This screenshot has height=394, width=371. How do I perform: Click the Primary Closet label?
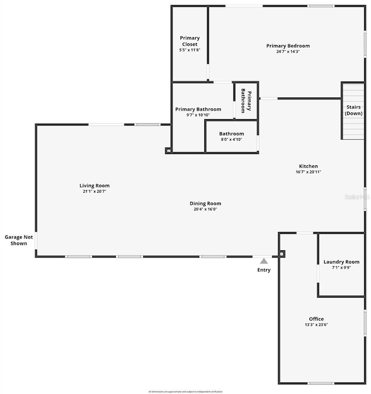pyautogui.click(x=189, y=41)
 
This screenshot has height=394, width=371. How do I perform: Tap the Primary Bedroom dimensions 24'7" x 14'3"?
pyautogui.click(x=288, y=51)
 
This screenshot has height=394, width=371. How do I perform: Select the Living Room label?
pyautogui.click(x=94, y=185)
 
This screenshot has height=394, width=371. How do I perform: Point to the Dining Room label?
pyautogui.click(x=205, y=203)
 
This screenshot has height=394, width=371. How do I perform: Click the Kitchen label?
pyautogui.click(x=307, y=166)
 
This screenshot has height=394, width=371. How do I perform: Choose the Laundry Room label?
pyautogui.click(x=341, y=262)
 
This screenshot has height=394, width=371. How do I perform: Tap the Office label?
pyautogui.click(x=316, y=319)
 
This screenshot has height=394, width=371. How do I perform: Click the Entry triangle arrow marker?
pyautogui.click(x=264, y=261)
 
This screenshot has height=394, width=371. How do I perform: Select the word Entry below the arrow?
pyautogui.click(x=264, y=270)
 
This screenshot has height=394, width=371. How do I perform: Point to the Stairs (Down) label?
pyautogui.click(x=353, y=109)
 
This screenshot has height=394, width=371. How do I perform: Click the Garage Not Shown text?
pyautogui.click(x=19, y=240)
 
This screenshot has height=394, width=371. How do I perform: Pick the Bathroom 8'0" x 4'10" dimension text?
pyautogui.click(x=231, y=139)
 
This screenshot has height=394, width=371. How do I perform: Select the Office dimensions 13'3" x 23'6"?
pyautogui.click(x=316, y=324)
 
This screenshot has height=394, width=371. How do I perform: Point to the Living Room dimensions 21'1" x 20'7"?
pyautogui.click(x=94, y=191)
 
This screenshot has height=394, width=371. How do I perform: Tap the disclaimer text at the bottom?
pyautogui.click(x=185, y=391)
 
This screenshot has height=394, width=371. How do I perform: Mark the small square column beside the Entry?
pyautogui.click(x=281, y=254)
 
